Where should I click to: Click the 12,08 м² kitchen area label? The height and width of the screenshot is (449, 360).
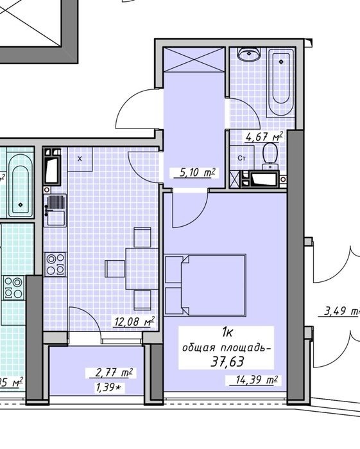135,321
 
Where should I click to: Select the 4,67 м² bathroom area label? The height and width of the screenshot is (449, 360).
264,137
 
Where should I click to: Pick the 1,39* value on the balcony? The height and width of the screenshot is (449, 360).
108,387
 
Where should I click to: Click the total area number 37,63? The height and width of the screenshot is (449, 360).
227,362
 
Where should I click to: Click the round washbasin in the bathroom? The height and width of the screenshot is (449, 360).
249,54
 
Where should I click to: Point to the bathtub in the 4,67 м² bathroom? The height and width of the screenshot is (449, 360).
280,82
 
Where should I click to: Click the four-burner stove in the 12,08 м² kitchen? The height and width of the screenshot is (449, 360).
56,264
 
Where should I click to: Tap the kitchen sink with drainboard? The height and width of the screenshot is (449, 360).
56,211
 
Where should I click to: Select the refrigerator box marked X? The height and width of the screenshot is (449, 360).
80,159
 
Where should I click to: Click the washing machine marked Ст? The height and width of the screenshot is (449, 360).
242,158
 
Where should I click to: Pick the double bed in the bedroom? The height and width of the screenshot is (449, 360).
205,285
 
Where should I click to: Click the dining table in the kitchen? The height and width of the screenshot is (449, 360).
142,269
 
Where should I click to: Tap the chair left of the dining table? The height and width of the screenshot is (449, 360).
115,269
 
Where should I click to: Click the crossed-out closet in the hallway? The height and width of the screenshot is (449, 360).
194,60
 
